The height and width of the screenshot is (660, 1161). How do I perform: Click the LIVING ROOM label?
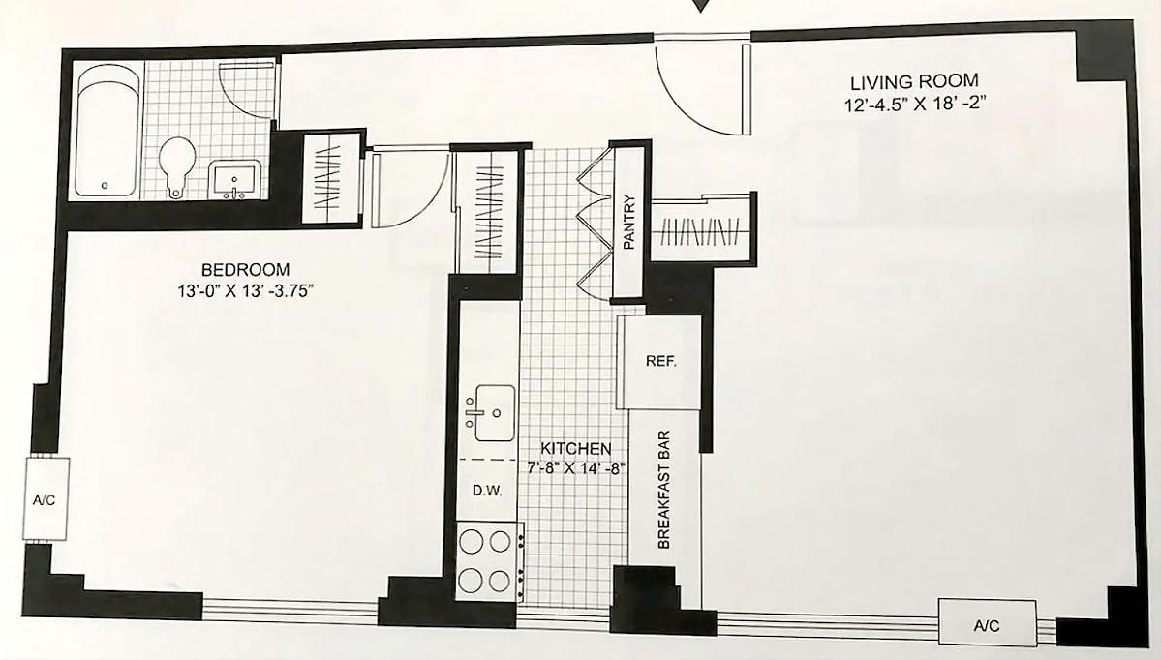914,81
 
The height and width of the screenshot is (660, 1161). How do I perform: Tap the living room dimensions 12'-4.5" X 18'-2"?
916,105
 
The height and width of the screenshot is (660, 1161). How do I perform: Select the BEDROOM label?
245,270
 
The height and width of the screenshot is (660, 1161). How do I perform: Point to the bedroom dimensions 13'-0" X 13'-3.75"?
246,291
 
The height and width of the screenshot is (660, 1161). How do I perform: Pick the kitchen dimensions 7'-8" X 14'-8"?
576,467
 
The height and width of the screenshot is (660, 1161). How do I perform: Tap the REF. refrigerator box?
659,362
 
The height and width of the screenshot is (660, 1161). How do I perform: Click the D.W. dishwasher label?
488,490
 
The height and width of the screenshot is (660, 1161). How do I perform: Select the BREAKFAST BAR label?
663,490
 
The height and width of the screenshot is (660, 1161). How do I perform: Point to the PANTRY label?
629,222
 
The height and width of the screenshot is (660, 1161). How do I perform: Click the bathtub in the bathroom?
108,131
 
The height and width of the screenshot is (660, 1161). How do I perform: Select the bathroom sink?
235,180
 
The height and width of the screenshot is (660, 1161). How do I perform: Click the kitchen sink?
492,413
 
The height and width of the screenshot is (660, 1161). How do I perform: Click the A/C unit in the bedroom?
46,499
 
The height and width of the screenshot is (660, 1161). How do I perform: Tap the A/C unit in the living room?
987,624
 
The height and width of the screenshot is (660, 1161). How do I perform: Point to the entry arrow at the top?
700,6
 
